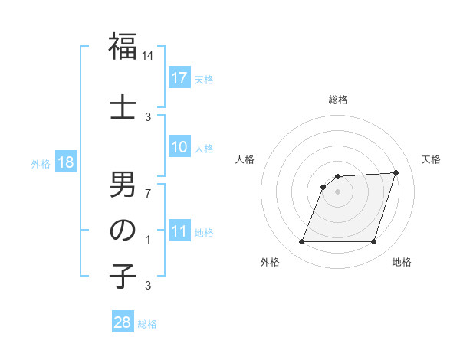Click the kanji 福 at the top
[x=123, y=47]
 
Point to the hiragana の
[x=123, y=231]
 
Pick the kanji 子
[x=123, y=277]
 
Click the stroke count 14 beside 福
[x=148, y=56]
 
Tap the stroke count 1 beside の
[x=148, y=239]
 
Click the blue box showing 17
[x=179, y=77]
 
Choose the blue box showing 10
[x=179, y=147]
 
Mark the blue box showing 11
[x=179, y=231]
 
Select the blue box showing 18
[x=65, y=162]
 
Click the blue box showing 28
[x=123, y=322]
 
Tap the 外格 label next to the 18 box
[x=41, y=163]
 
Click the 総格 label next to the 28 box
[x=148, y=323]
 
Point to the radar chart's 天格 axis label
[x=431, y=159]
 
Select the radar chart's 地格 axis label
[x=402, y=262]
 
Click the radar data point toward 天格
[x=396, y=173]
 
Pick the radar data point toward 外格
[x=301, y=242]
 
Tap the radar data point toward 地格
[x=373, y=242]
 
